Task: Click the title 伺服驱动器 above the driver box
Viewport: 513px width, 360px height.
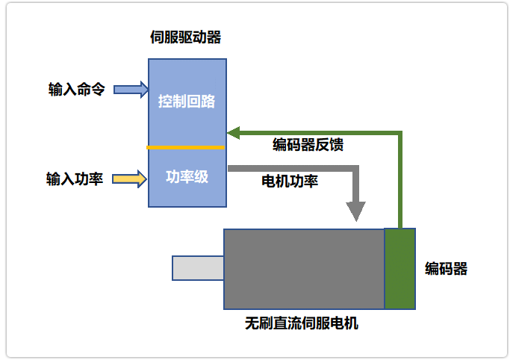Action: [x=186, y=37]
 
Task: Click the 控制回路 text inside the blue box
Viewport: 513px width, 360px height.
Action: [x=187, y=101]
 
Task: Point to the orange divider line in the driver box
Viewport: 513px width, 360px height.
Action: [x=186, y=147]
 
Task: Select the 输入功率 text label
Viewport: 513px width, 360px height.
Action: [x=75, y=179]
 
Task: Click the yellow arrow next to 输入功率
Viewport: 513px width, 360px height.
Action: [x=130, y=179]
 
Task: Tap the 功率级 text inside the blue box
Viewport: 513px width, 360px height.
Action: [x=187, y=178]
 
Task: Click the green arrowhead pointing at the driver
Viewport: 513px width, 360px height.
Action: [x=233, y=133]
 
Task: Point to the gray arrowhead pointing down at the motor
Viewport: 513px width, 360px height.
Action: [x=357, y=211]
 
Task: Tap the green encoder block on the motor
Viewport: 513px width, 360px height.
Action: [x=399, y=269]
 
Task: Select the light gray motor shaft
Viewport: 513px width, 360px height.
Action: [x=198, y=268]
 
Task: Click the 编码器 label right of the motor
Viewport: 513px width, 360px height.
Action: [x=447, y=269]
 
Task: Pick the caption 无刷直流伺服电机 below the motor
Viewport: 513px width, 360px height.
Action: [x=302, y=324]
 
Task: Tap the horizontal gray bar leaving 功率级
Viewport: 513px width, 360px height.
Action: [x=291, y=170]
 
